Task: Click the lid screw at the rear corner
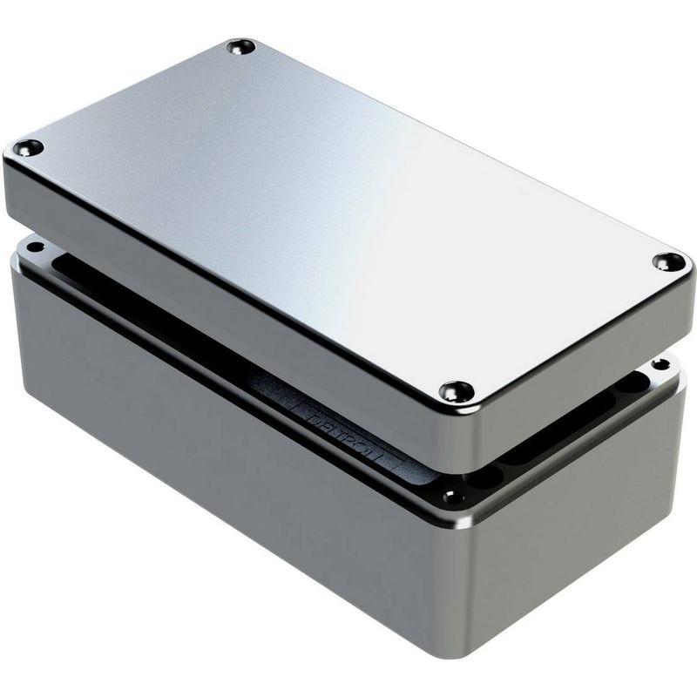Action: click(x=240, y=46)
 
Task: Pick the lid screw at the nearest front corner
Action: click(x=456, y=391)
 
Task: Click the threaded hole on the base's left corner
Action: click(x=35, y=247)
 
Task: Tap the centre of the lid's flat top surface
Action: click(x=340, y=209)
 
